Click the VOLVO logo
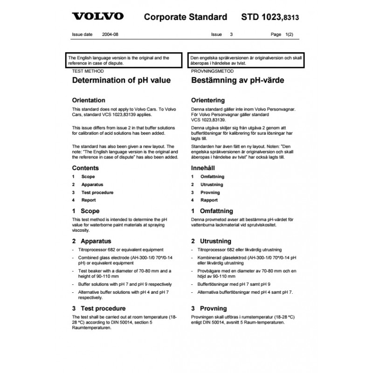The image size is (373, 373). pos(97,16)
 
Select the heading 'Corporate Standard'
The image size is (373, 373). pos(186,17)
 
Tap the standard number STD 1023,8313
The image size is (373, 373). pos(270,17)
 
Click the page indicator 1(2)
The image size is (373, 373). pos(289,35)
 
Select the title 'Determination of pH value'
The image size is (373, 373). pos(121,80)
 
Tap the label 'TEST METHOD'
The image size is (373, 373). pos(88,71)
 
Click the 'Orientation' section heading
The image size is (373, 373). pos(92,100)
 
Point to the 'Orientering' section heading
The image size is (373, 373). pos(208,100)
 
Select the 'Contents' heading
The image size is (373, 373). pos(85,168)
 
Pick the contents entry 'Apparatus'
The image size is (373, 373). pos(92,185)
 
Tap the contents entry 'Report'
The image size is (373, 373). pos(89,200)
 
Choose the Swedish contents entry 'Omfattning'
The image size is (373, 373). pos(212,177)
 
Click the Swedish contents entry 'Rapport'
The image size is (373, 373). pos(209,200)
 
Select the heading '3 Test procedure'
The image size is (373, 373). pos(99,308)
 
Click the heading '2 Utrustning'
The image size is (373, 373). pos(211,241)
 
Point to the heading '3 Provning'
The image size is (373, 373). pos(209,308)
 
